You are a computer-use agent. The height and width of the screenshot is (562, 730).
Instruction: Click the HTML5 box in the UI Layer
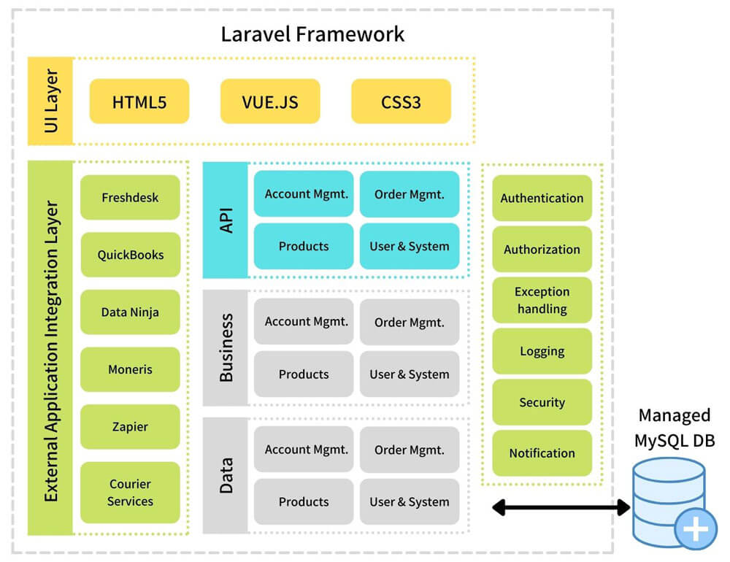point(139,101)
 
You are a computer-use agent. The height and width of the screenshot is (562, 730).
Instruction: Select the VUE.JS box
point(270,101)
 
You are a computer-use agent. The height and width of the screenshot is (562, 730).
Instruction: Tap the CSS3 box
point(401,101)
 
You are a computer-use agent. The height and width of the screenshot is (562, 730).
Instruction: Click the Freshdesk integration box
point(130,197)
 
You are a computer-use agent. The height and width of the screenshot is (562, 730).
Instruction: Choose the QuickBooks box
point(130,255)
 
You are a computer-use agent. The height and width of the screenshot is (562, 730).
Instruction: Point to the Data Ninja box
point(130,312)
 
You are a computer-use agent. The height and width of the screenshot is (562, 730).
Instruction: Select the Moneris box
point(130,369)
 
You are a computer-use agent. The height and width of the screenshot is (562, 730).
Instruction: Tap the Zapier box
point(130,426)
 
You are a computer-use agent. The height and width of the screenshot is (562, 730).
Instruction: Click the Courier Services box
point(130,492)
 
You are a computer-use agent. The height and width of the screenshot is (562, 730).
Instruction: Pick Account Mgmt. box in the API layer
point(304,193)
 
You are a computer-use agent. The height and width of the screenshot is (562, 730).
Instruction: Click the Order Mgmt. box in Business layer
point(410,322)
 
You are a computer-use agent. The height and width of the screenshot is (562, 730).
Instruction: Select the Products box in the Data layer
point(304,501)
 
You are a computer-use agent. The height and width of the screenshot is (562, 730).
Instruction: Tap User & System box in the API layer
point(410,246)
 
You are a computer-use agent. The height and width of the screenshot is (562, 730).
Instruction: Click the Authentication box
point(542,198)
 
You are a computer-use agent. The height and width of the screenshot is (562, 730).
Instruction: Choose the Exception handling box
point(542,300)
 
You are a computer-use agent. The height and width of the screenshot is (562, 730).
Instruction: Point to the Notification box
point(542,453)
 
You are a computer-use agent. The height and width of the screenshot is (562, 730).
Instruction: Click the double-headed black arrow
point(561,507)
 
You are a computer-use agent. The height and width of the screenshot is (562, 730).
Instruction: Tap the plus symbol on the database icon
point(696,529)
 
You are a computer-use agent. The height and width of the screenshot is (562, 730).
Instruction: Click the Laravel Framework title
point(312,34)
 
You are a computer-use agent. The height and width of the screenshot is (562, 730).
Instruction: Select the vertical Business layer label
point(226,348)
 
